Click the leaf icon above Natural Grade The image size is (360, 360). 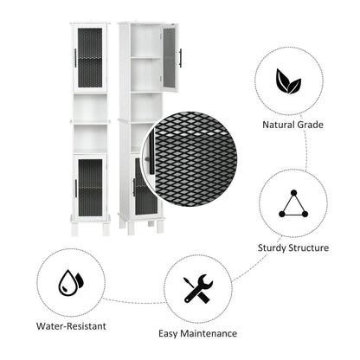tap(288, 81)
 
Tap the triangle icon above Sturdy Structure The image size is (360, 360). tap(293, 203)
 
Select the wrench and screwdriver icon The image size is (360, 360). tap(198, 288)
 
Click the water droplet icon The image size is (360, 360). tap(71, 283)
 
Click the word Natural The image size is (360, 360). tap(279, 125)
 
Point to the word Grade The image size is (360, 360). tap(310, 125)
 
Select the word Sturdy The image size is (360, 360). tap(272, 248)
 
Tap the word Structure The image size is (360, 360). tap(309, 247)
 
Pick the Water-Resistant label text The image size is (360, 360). tap(71, 326)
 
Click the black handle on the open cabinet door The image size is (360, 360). tap(181, 58)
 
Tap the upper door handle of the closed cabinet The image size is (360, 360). tap(75, 58)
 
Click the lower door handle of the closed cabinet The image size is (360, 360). tap(75, 189)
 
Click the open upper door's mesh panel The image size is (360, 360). tap(170, 57)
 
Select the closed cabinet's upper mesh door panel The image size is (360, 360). tap(90, 58)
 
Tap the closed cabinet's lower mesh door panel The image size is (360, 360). tap(90, 188)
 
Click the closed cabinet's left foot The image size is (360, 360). tap(74, 229)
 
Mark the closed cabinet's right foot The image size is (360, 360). tap(106, 229)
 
